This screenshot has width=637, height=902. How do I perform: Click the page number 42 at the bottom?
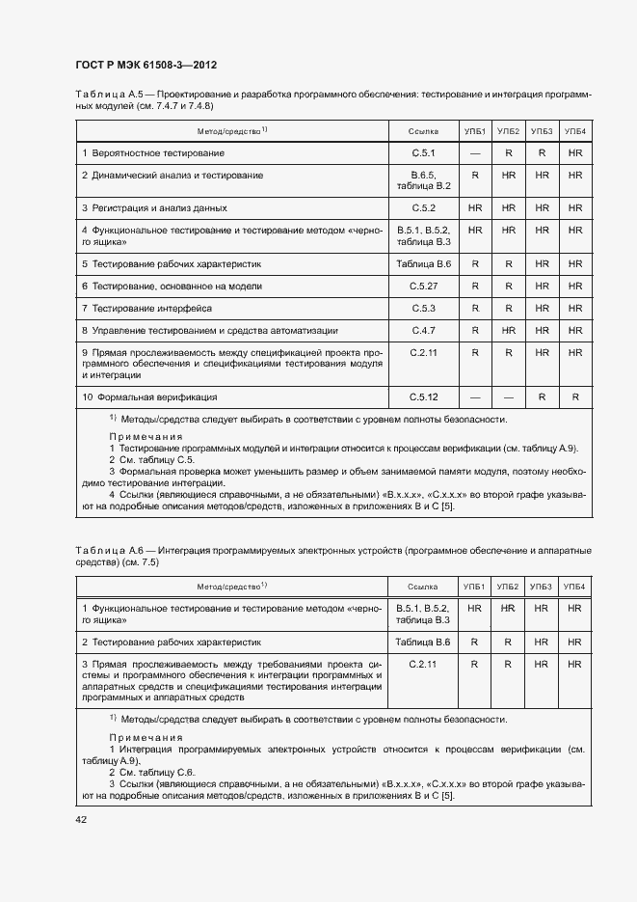pyautogui.click(x=81, y=819)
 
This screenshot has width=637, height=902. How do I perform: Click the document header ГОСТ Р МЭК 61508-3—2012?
pyautogui.click(x=146, y=65)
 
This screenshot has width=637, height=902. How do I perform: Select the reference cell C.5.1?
pyautogui.click(x=424, y=153)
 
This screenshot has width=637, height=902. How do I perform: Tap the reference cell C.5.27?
pyautogui.click(x=424, y=287)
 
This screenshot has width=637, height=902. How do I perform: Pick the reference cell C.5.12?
pyautogui.click(x=424, y=396)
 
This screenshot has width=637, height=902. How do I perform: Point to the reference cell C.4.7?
pyautogui.click(x=424, y=330)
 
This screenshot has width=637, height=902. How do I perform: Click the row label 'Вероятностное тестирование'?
pyautogui.click(x=147, y=153)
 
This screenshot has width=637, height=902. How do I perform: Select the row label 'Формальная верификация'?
pyautogui.click(x=148, y=396)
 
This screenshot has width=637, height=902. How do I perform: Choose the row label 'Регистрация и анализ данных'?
pyautogui.click(x=154, y=207)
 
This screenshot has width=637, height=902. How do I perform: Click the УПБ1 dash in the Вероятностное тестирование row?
pyautogui.click(x=475, y=153)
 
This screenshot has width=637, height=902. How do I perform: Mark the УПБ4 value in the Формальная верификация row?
pyautogui.click(x=575, y=396)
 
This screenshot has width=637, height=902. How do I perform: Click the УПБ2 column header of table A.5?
pyautogui.click(x=508, y=130)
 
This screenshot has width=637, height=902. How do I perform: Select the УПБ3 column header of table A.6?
pyautogui.click(x=542, y=587)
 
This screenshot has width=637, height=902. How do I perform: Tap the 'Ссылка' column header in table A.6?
pyautogui.click(x=423, y=587)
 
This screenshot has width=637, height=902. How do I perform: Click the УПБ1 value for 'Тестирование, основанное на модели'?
pyautogui.click(x=475, y=287)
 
